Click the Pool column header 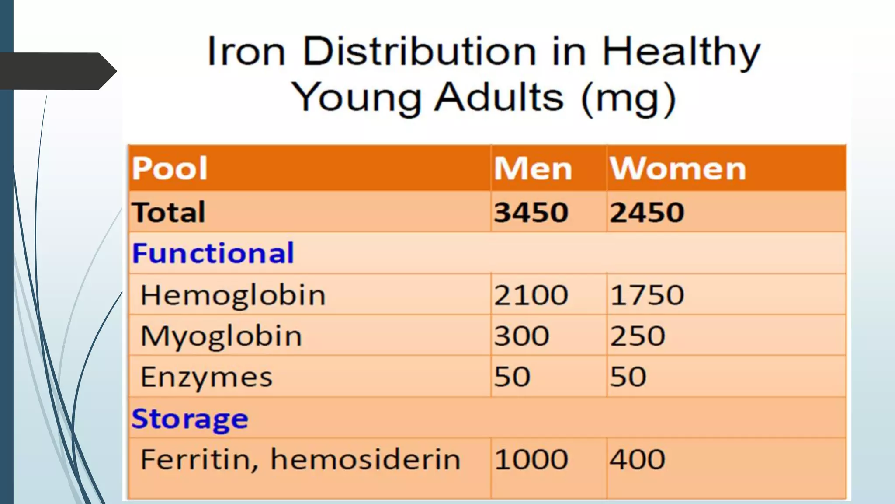point(170,168)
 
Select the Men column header point(533,168)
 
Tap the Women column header point(677,168)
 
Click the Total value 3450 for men point(531,212)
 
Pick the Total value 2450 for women point(647,212)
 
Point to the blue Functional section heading point(213,253)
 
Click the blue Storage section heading point(190,419)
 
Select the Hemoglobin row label point(233,295)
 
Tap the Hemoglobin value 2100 point(531,295)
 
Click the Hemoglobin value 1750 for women point(647,295)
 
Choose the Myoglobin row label point(221,336)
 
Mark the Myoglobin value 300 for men point(521,336)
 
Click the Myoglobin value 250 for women point(638,336)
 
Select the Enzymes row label point(206,377)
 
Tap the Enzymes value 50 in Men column point(512,377)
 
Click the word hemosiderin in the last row point(365,459)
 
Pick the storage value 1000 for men point(531,459)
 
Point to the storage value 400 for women point(638,459)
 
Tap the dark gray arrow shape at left point(57,71)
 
